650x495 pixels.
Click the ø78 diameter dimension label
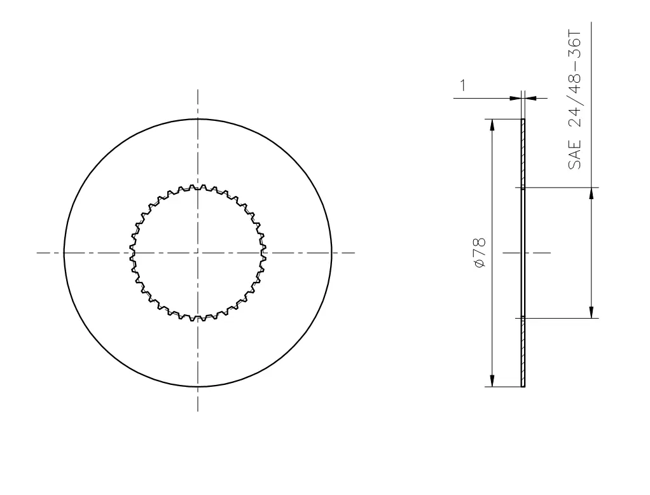click(479, 253)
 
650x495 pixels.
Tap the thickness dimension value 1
click(462, 85)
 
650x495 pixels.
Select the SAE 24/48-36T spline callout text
click(574, 100)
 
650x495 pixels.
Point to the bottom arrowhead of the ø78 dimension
click(492, 381)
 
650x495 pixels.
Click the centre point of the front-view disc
click(198, 253)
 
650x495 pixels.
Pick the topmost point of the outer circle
click(198, 119)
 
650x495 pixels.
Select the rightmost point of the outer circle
click(331, 253)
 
